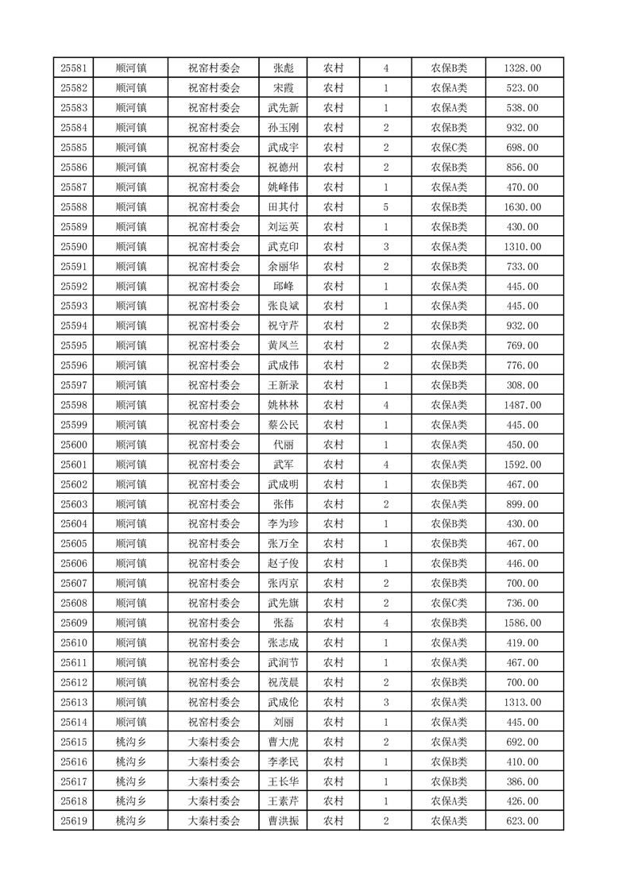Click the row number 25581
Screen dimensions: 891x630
73,69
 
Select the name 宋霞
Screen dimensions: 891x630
284,89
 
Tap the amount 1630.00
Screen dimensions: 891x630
522,207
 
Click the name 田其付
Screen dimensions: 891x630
284,207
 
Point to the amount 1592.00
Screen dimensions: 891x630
522,465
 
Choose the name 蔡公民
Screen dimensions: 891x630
284,425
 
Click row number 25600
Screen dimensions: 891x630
73,445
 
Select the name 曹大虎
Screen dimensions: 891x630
284,742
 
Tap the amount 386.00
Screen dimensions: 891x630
522,781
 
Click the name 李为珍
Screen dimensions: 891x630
284,524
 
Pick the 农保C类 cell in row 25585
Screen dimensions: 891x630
449,148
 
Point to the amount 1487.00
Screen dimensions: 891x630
522,405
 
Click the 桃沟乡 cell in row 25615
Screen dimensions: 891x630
131,742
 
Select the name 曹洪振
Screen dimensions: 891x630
284,821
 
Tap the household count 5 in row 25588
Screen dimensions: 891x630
385,207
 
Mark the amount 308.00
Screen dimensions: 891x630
522,385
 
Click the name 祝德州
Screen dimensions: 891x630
284,168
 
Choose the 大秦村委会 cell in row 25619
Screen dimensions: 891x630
214,821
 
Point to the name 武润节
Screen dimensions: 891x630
284,662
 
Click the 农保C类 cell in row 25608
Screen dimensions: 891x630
449,604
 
